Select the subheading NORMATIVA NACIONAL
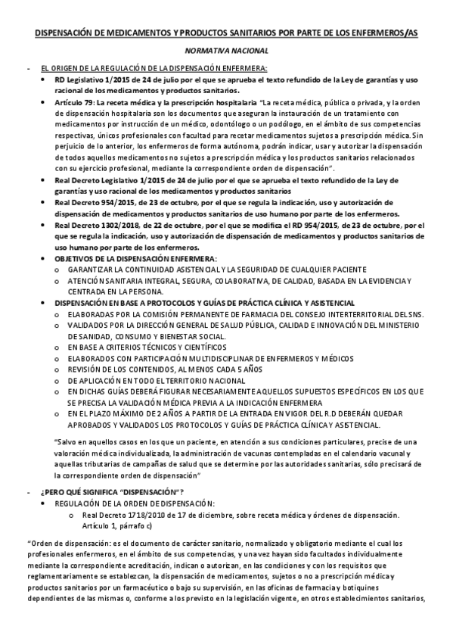pos(227,51)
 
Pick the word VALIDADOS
pos(88,324)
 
